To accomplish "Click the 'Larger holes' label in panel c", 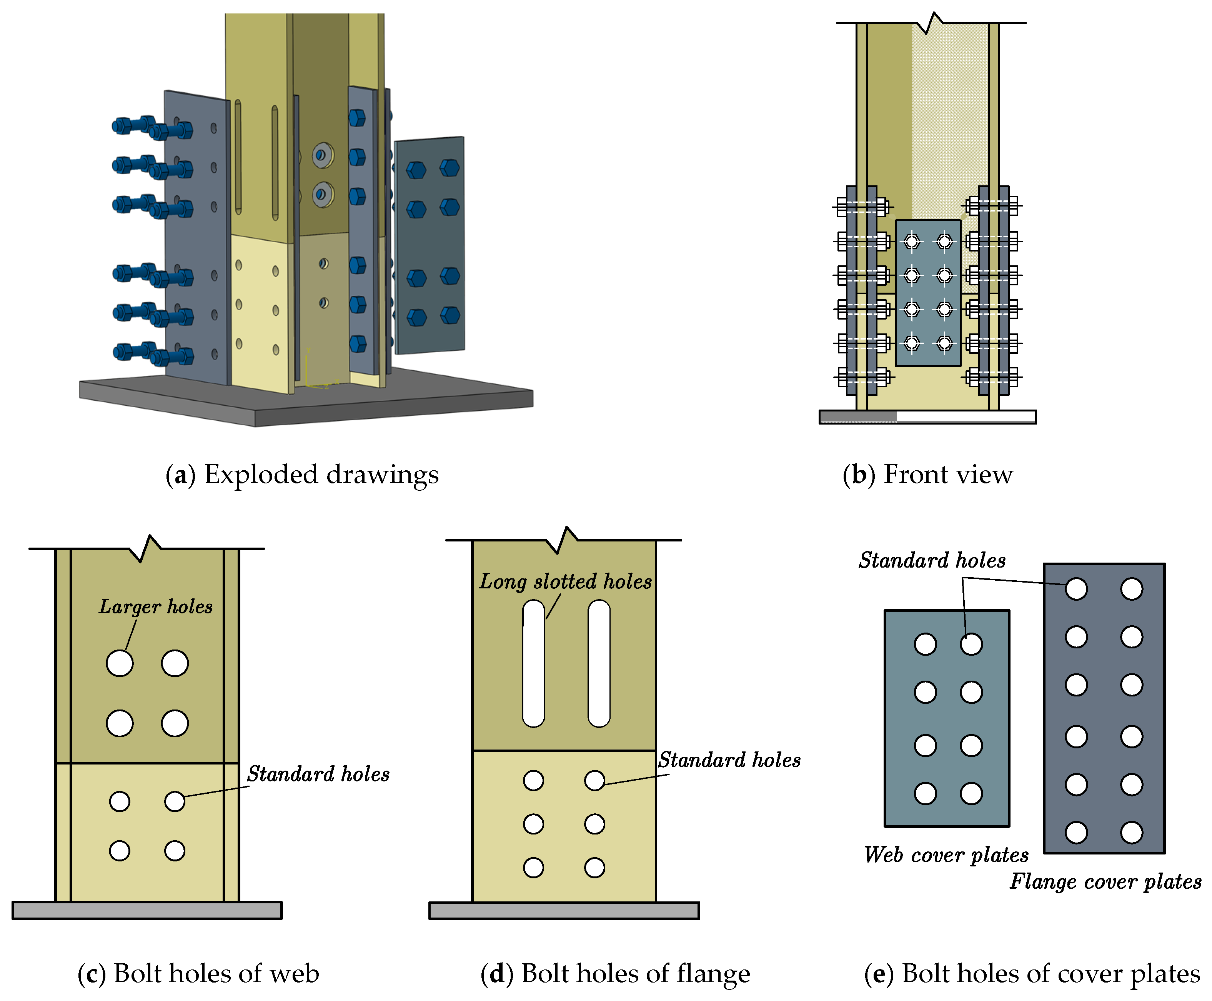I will point(156,606).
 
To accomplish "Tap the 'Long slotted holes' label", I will point(565,581).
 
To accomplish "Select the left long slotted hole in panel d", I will point(533,663).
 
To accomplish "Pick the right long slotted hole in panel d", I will point(599,663).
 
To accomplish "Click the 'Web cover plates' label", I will point(946,854).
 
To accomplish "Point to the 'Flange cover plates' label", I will point(1105,881).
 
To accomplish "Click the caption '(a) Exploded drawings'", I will point(301,475).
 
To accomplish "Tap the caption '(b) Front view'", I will point(927,475).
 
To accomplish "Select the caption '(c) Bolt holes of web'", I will point(198,973).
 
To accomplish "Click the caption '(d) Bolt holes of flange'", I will point(614,973).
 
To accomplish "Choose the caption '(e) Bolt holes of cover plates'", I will point(1032,973).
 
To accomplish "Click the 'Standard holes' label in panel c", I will point(318,774).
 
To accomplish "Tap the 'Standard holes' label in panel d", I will point(729,760).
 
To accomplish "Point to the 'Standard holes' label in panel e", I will point(932,560).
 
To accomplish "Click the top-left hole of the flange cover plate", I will point(1076,589).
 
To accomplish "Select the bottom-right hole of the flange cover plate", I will point(1131,832).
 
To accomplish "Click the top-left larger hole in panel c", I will point(119,663).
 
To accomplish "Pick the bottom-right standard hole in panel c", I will point(174,851).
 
